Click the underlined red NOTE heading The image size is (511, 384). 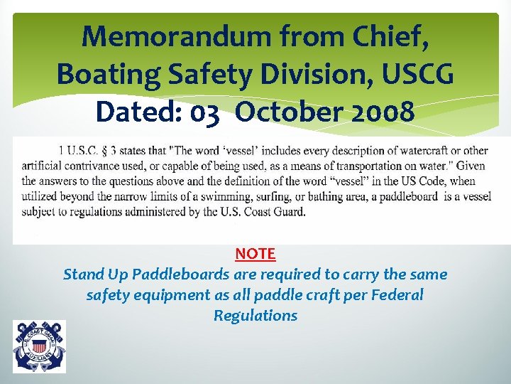[x=255, y=253]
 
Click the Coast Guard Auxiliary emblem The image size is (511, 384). [x=39, y=346]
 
